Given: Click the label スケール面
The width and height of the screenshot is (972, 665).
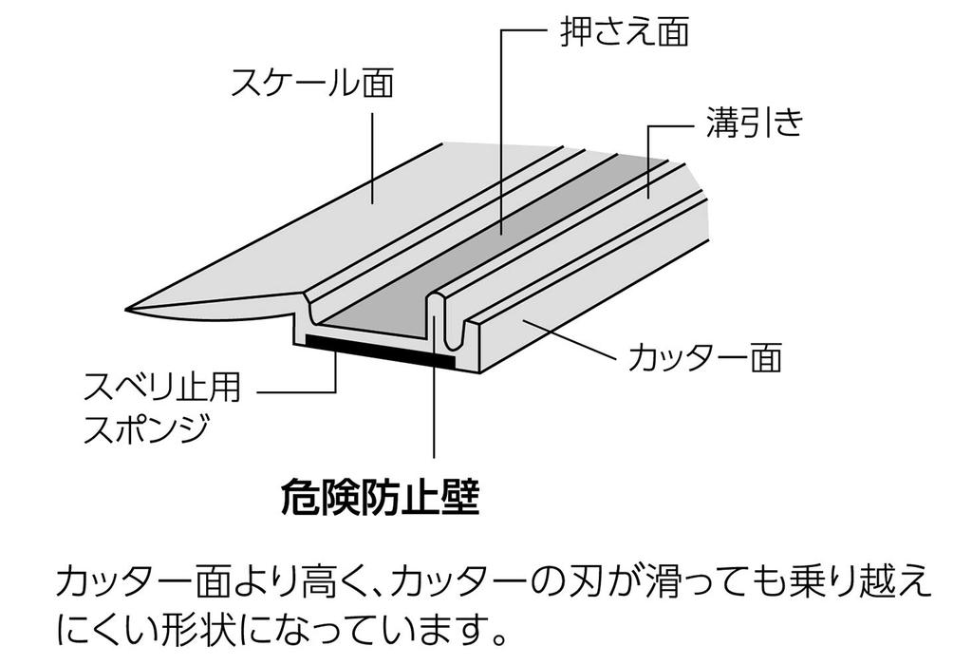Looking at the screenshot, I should [x=312, y=85].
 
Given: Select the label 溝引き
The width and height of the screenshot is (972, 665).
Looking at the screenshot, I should [x=754, y=123].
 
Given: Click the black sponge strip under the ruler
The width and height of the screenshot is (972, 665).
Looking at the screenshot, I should [x=380, y=350].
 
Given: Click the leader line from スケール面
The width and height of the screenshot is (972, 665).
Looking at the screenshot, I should [x=372, y=157].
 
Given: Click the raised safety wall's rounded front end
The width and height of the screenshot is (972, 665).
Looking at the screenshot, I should [x=436, y=305].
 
